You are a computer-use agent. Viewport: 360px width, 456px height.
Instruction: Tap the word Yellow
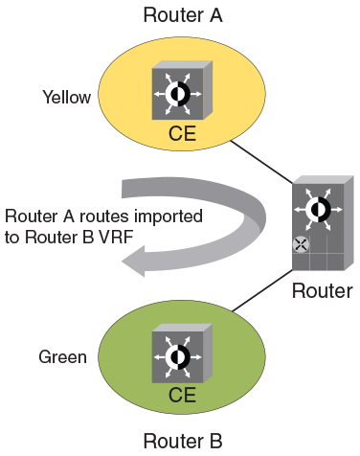pos(66,97)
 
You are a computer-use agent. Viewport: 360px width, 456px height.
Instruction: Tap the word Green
pos(63,357)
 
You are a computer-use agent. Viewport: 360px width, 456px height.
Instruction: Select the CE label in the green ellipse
pos(182,394)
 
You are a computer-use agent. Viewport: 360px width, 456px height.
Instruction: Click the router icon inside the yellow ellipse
pos(177,93)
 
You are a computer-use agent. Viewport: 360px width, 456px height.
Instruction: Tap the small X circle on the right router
pos(301,244)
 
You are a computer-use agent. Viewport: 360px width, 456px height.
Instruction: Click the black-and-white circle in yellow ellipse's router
pos(177,94)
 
